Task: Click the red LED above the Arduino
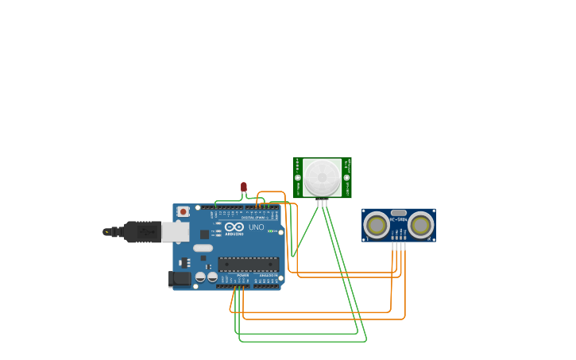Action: pos(244,187)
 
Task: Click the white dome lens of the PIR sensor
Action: pos(323,177)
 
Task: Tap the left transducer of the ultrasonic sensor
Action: pos(377,225)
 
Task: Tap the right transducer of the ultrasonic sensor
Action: pos(420,225)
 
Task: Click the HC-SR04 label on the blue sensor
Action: pos(398,220)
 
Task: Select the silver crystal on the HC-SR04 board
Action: pos(399,213)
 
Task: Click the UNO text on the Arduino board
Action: pos(256,227)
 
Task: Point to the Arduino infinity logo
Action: pos(234,226)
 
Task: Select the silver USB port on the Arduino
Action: pos(176,231)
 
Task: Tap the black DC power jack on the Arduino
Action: pos(180,278)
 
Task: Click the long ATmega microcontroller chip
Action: pos(248,264)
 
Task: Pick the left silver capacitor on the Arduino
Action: pos(200,277)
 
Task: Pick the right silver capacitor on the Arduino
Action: pos(212,277)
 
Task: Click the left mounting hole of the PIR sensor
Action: pos(298,177)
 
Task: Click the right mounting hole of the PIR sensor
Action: pos(346,177)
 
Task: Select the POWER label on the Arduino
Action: pos(242,275)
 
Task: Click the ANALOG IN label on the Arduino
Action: pos(269,275)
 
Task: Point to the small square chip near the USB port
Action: pos(204,234)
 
